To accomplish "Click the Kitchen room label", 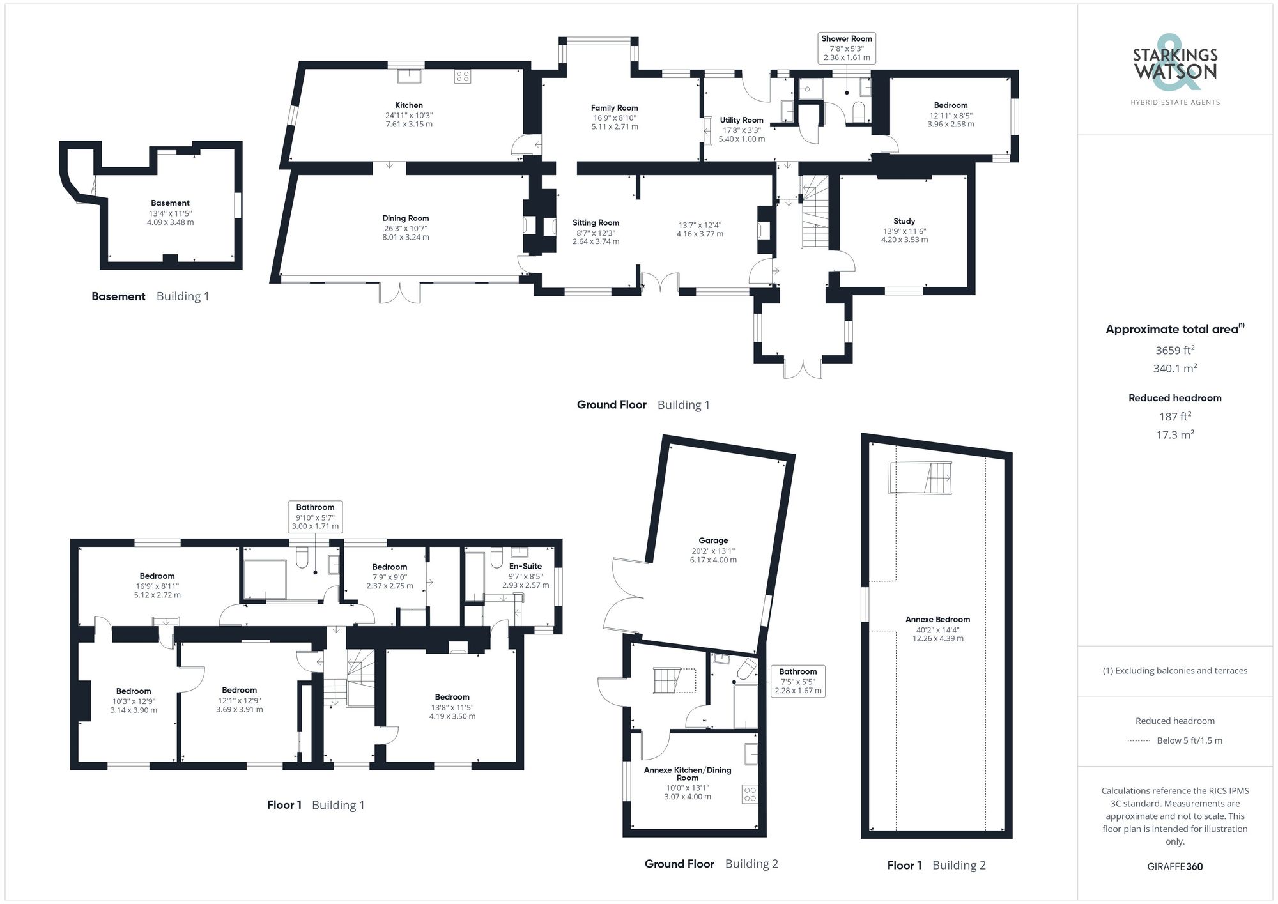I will [x=408, y=105].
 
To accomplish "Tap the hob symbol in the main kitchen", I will [x=462, y=77].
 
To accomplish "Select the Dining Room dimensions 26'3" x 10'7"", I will [x=405, y=228].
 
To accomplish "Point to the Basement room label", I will [x=170, y=203].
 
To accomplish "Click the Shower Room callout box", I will [x=846, y=48].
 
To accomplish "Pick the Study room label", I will [x=904, y=221].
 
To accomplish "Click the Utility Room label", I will [x=741, y=120].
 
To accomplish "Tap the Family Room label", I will [x=614, y=108].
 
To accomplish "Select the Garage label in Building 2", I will [x=713, y=540].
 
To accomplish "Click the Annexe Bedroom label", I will [x=937, y=620].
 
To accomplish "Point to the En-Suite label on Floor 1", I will [x=525, y=566].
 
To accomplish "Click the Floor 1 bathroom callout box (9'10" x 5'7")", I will [x=315, y=517].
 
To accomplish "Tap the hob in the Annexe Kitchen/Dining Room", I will [x=750, y=795].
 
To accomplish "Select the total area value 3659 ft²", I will [x=1174, y=350].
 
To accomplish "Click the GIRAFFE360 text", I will [x=1174, y=867].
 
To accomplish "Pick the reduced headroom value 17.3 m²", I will [x=1174, y=434].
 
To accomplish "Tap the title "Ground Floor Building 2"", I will [x=711, y=864].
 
